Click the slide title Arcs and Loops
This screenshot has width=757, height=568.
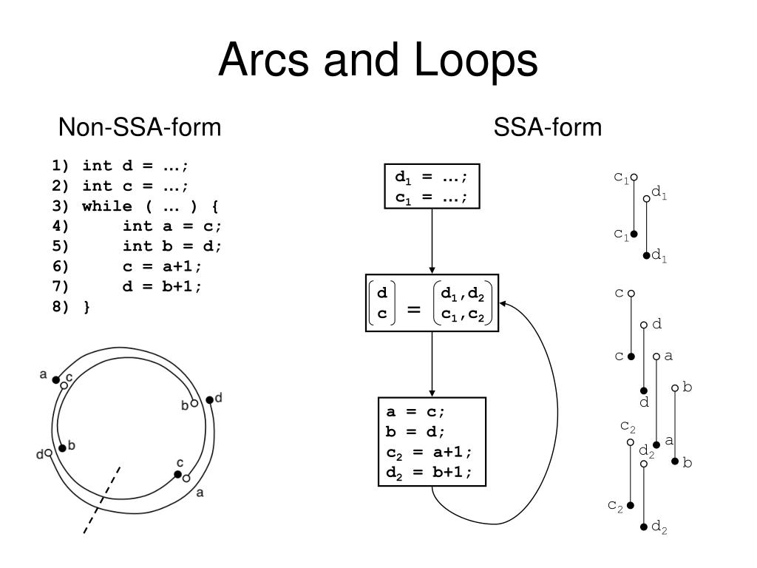click(378, 60)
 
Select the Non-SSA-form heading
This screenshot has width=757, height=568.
click(140, 128)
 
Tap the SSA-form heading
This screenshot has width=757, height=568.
click(548, 128)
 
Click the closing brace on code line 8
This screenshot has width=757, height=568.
click(86, 307)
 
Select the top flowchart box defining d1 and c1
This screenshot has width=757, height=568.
click(432, 186)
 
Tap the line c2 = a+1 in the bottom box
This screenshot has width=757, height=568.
click(428, 452)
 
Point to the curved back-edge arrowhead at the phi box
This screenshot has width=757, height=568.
click(502, 302)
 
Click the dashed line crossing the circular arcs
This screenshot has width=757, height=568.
click(101, 499)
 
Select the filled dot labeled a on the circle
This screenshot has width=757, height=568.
click(56, 379)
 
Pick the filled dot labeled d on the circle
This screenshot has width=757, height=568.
click(209, 399)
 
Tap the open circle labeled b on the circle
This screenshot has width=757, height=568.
click(194, 403)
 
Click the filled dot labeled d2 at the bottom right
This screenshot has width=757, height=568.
click(645, 527)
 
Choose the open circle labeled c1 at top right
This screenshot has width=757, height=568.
click(634, 177)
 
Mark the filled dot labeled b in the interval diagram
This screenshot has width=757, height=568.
click(674, 461)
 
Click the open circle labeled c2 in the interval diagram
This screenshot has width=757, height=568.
click(631, 442)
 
